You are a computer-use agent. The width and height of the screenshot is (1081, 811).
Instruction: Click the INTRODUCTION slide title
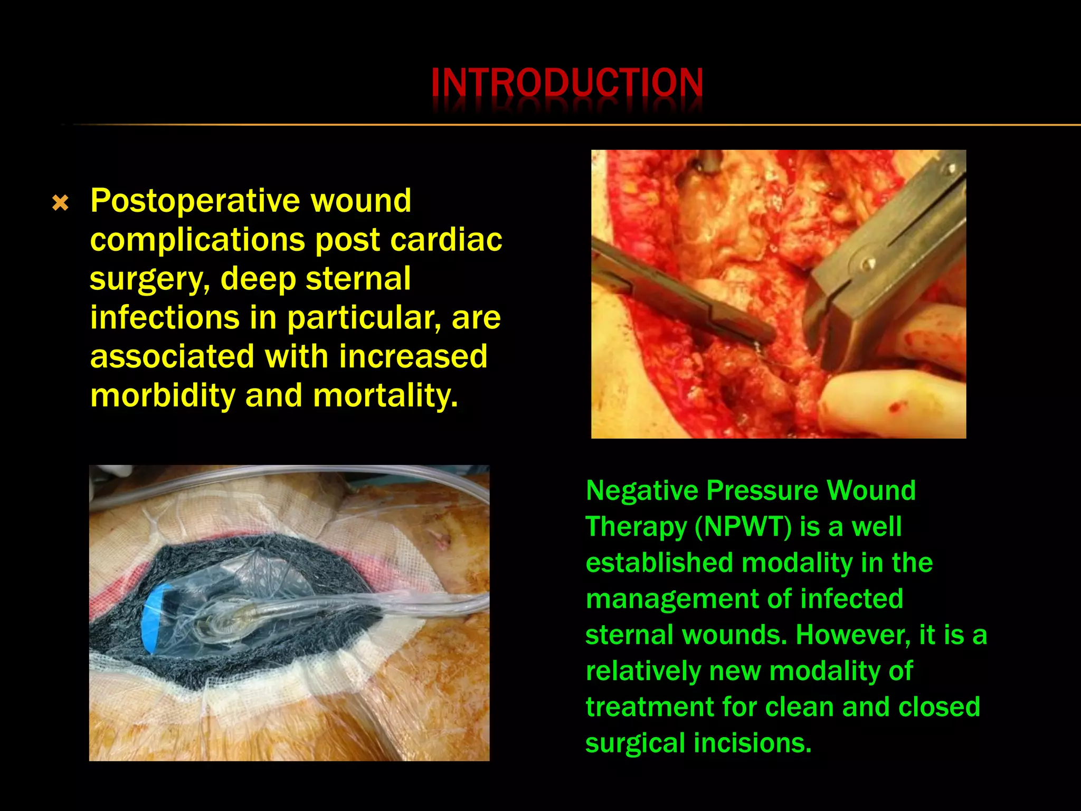point(567,83)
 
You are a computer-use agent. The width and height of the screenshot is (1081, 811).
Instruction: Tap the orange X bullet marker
point(61,203)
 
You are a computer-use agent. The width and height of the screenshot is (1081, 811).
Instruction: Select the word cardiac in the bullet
point(446,240)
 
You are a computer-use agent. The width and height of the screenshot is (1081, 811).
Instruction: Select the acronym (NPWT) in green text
point(743,526)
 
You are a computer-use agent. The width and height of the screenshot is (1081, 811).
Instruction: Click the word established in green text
point(659,563)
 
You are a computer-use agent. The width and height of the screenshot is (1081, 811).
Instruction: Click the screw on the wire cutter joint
point(867,261)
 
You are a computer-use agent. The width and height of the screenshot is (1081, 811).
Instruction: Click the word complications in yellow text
point(197,240)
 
